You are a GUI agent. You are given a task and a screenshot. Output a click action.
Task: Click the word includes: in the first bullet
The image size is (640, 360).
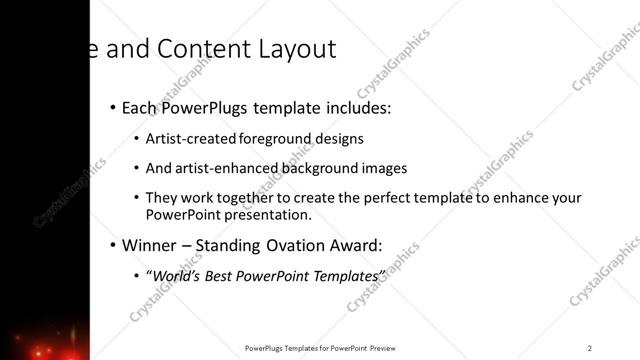[354, 107]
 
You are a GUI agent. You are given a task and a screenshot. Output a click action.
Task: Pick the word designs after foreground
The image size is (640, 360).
[334, 139]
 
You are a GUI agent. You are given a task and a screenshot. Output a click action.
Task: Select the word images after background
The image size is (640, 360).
[380, 168]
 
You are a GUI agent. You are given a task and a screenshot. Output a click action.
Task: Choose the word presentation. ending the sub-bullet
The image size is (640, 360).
[270, 214]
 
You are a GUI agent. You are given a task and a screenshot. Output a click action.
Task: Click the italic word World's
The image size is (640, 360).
[174, 275]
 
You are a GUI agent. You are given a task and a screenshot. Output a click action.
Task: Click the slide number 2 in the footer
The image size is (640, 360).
[590, 347]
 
